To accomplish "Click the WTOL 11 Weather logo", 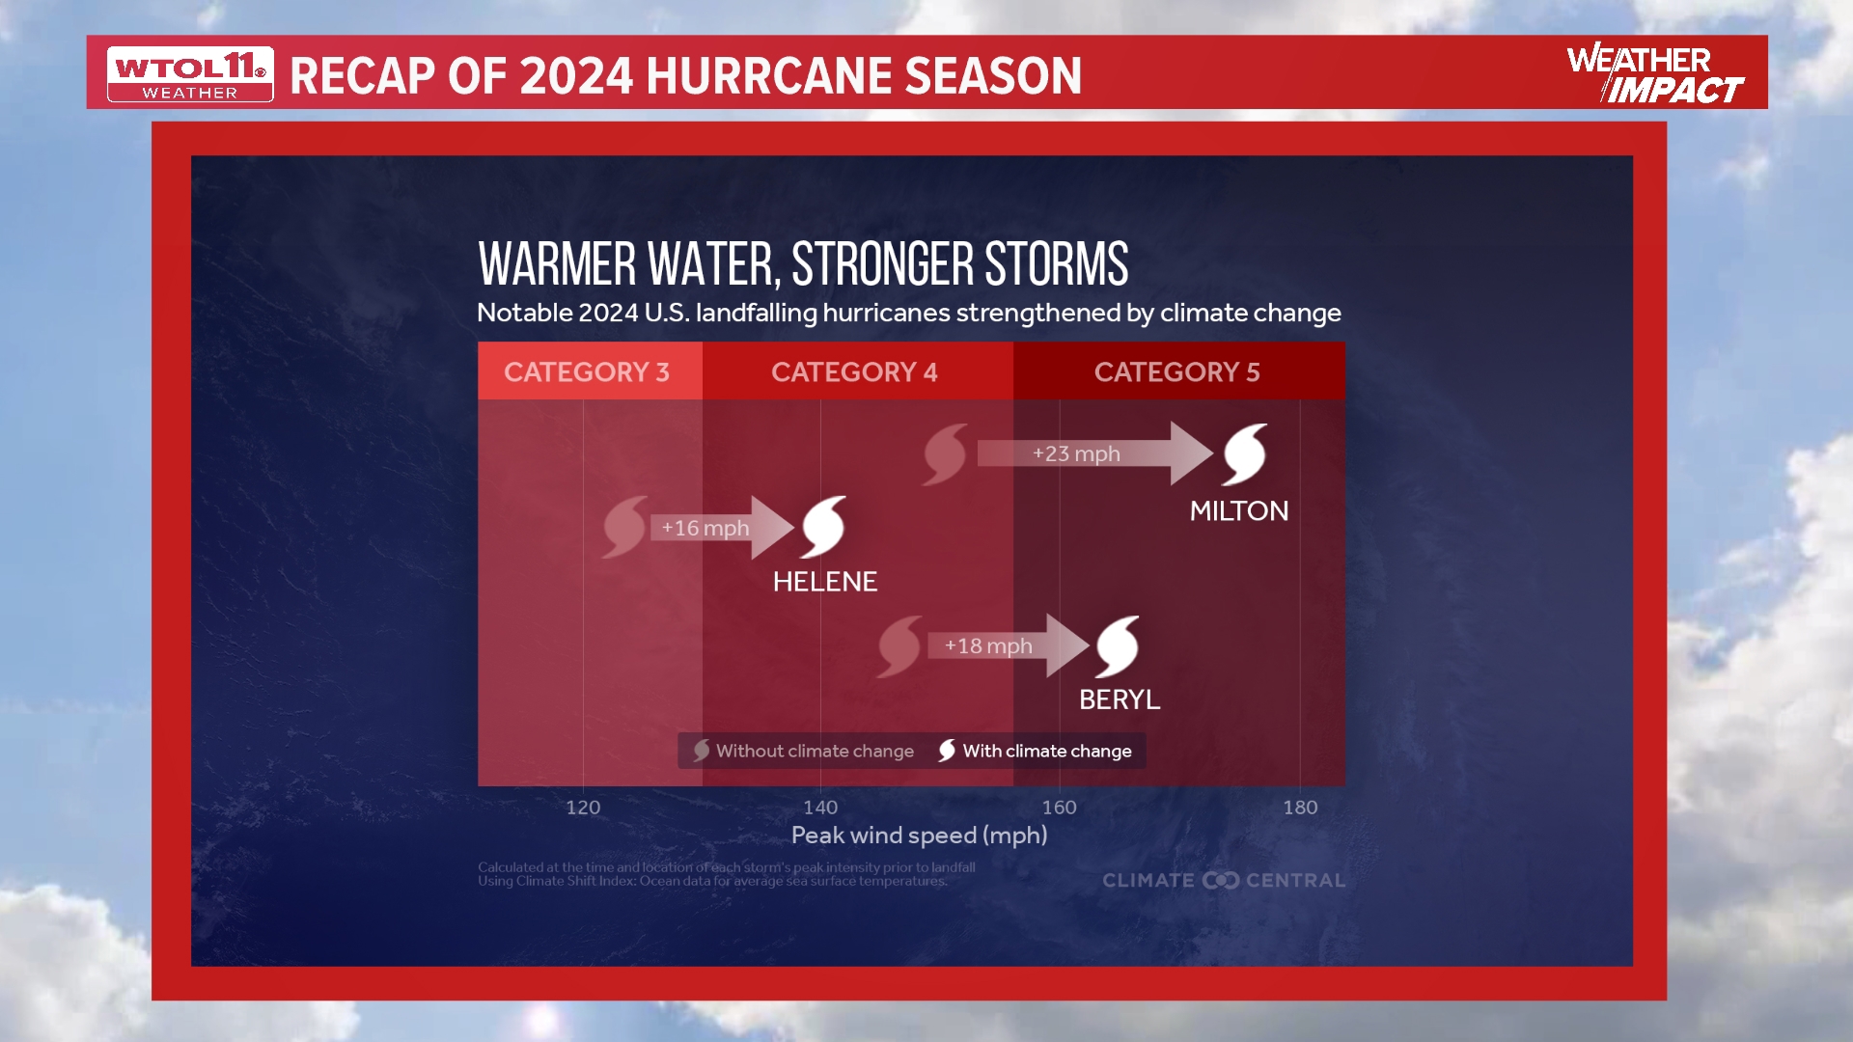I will tap(190, 74).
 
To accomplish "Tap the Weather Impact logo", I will tap(1654, 73).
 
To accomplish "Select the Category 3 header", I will tap(587, 371).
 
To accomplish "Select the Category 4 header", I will tap(854, 371).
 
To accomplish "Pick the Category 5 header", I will tap(1176, 371).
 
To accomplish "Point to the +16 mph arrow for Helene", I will tap(719, 528).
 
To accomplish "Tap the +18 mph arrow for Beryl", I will tap(1004, 645).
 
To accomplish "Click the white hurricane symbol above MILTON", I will tap(1245, 453).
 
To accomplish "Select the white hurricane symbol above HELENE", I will tap(824, 527).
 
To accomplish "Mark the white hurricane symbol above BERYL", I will tap(1118, 645).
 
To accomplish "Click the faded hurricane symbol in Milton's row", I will tap(945, 453).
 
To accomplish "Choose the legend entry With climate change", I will tap(1035, 751).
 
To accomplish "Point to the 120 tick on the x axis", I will tap(583, 807).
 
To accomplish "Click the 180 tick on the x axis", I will tap(1300, 807).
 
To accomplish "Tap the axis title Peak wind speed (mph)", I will tap(919, 835).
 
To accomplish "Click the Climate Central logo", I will tap(1223, 880).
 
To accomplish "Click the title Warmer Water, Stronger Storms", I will tap(803, 264).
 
